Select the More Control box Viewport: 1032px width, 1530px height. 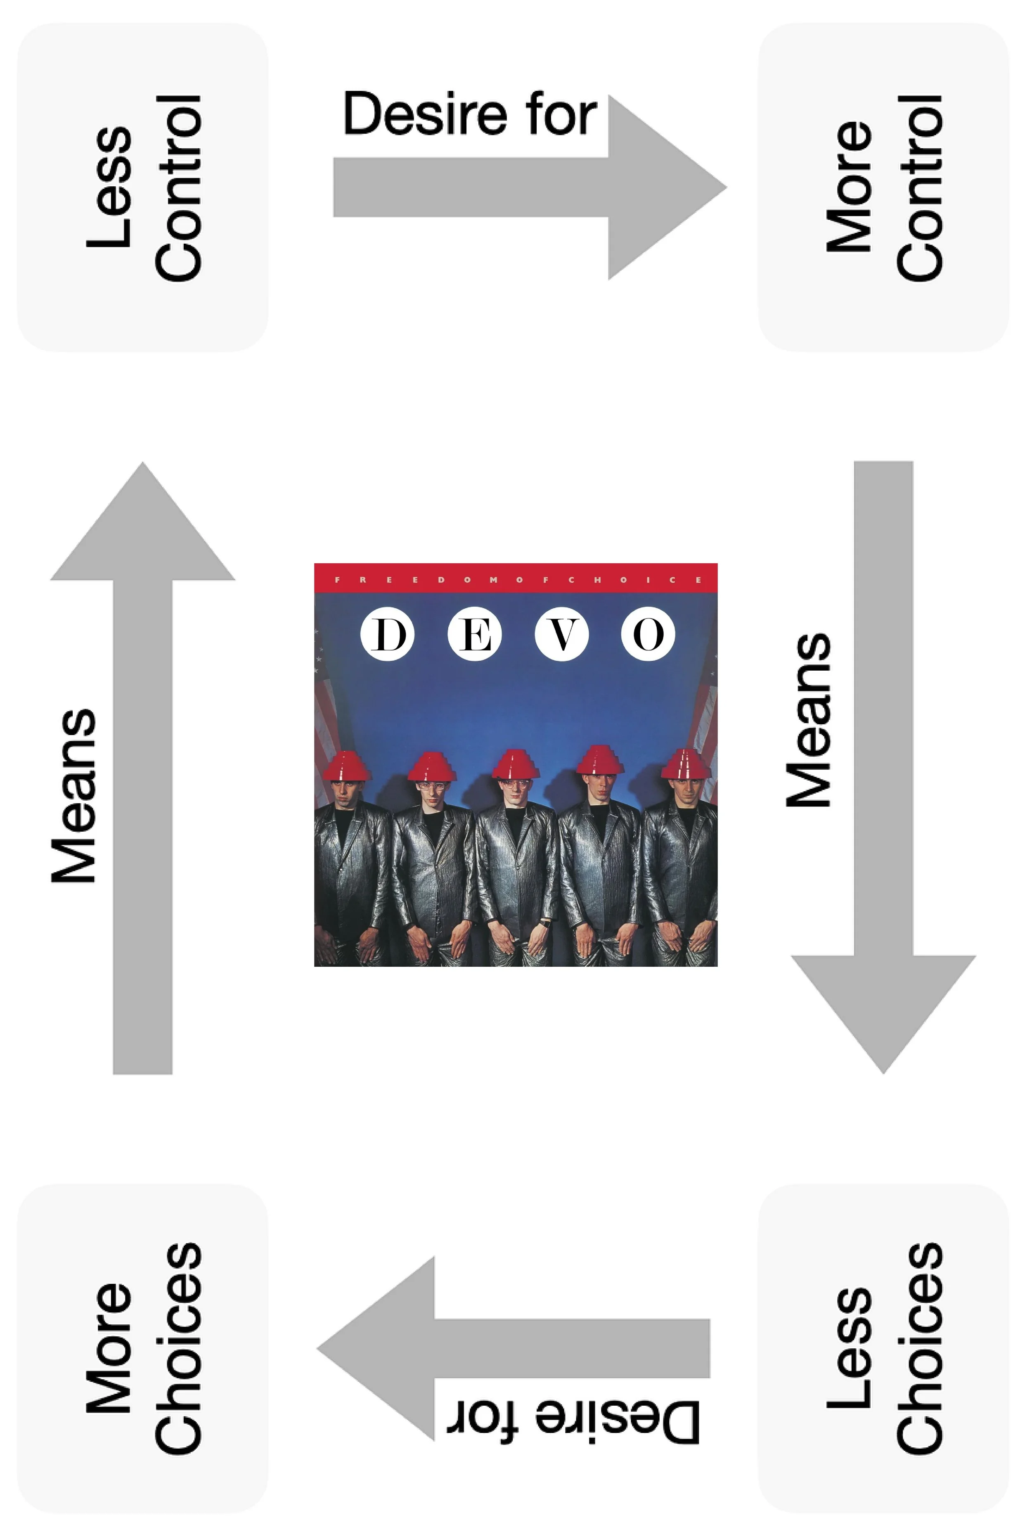(x=883, y=187)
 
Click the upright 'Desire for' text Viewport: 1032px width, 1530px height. (x=470, y=114)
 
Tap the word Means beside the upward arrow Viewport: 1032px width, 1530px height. (x=74, y=795)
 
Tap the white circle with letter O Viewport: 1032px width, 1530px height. (x=648, y=634)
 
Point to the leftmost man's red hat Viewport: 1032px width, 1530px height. (x=348, y=766)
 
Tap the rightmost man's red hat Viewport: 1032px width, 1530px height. (x=685, y=764)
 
